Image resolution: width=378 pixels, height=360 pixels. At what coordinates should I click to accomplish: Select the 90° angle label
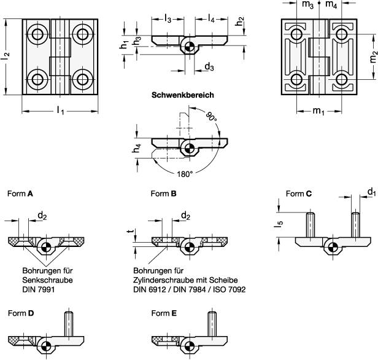click(x=211, y=134)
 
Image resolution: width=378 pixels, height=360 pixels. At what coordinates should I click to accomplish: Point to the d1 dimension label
click(x=371, y=192)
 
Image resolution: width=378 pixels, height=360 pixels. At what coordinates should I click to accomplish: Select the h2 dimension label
click(x=240, y=20)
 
